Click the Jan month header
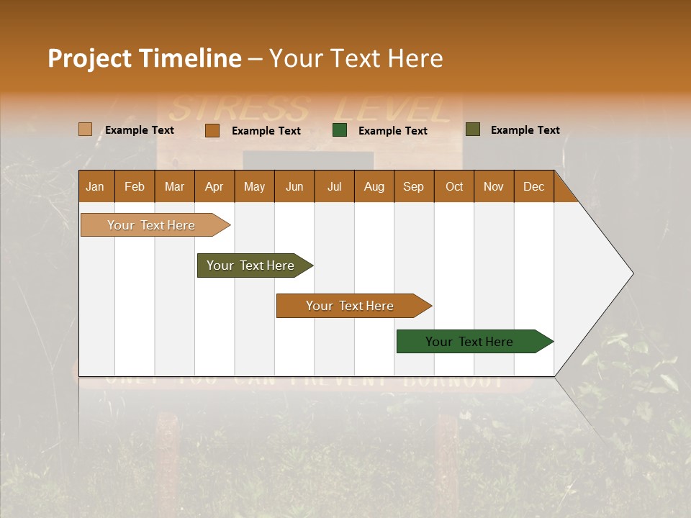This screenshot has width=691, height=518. [96, 186]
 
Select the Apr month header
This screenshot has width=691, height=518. [214, 186]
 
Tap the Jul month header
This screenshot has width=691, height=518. [334, 186]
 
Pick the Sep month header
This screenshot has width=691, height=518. [413, 186]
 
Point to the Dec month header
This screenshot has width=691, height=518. [533, 186]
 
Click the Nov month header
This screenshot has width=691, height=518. [494, 186]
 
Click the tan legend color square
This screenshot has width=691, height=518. [85, 129]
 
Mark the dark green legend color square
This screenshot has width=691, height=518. [340, 130]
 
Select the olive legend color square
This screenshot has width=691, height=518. [472, 129]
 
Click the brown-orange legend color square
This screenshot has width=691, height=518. [212, 130]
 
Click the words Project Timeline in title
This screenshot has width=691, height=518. [144, 58]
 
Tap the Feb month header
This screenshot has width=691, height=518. [135, 186]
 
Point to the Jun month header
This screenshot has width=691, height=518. [294, 186]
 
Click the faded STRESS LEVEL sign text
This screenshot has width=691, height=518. [310, 109]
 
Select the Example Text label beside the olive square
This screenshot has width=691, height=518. [525, 130]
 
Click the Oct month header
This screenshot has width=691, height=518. [454, 186]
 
